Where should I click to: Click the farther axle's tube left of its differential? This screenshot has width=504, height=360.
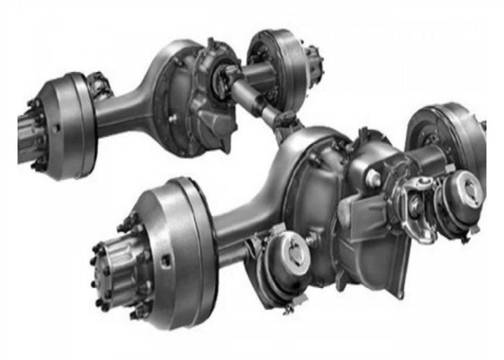click(x=126, y=112)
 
